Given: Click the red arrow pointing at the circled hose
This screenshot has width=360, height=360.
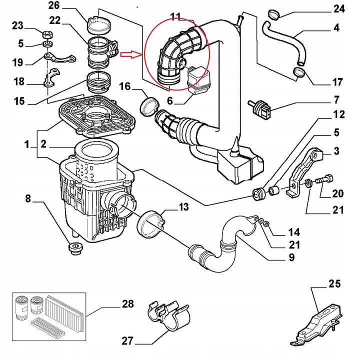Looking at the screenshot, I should (132, 53).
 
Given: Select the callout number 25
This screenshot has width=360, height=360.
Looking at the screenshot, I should (334, 284).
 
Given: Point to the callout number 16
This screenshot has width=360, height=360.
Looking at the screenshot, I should (124, 87).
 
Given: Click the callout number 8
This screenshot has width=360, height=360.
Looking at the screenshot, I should (28, 199).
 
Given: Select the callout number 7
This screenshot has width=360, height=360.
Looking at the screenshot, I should (336, 99).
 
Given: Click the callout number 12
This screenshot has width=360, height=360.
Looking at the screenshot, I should (339, 114).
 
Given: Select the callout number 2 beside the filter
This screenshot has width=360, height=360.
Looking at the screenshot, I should (44, 144).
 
